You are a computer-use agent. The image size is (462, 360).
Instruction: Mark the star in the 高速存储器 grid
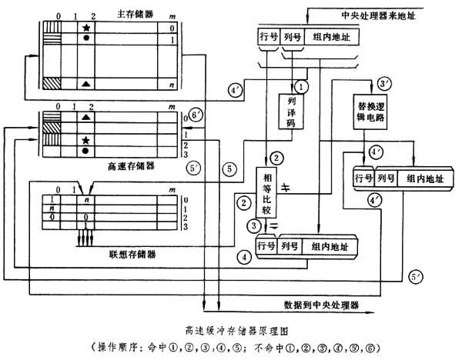coord(87,138)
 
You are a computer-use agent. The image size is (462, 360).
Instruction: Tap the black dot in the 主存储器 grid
coord(87,38)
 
